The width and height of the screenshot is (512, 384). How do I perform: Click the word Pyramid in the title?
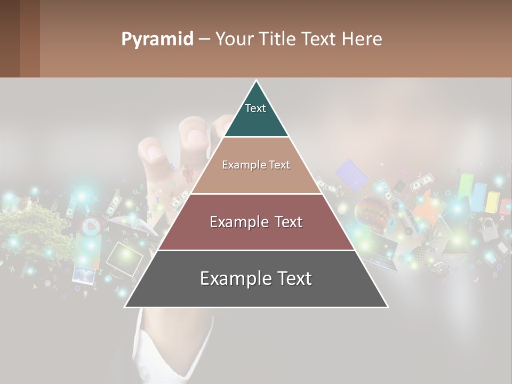click(157, 39)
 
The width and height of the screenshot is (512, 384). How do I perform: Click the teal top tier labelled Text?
click(256, 112)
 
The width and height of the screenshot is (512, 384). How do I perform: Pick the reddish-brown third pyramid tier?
click(256, 222)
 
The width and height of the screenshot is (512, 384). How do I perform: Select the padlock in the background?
click(487, 229)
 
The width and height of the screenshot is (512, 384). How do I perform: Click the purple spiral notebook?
click(350, 173)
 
